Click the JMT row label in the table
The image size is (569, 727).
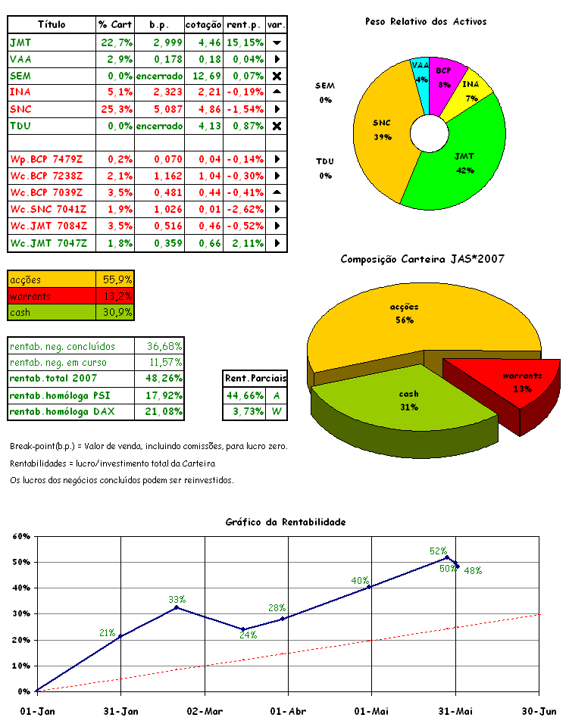pos(20,42)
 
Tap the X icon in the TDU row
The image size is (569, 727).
pos(277,126)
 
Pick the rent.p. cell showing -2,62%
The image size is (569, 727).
pos(244,209)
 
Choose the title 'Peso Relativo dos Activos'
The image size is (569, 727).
pos(426,22)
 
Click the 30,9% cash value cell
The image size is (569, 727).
pos(116,312)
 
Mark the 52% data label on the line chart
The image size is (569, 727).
pos(438,551)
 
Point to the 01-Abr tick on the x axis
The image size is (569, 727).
pos(287,711)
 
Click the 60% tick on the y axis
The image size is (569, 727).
pos(20,537)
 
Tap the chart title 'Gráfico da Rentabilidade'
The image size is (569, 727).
pos(286,523)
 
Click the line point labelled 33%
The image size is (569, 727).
pos(177,607)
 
